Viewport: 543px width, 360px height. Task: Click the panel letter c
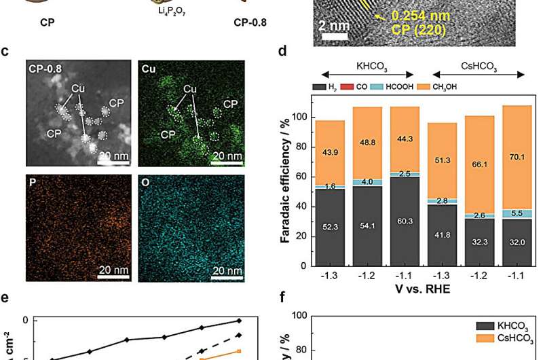pos(5,50)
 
